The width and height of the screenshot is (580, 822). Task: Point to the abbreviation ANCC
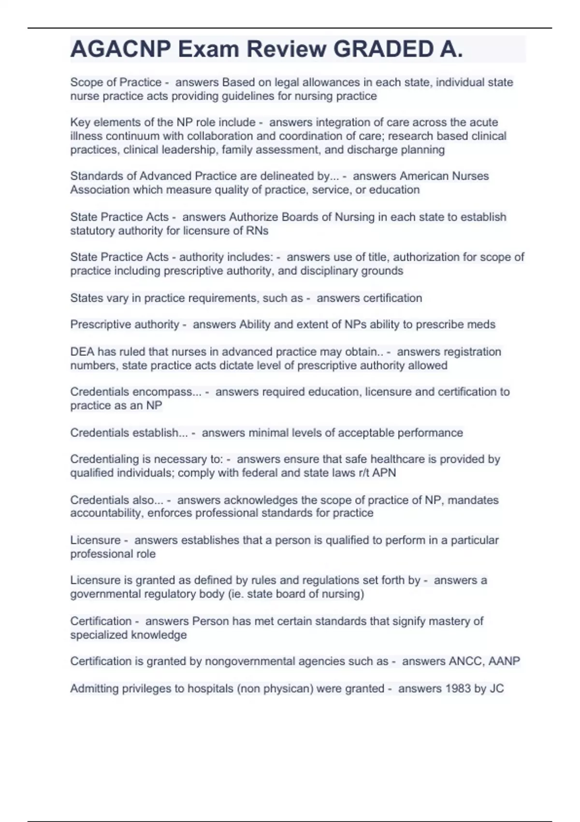click(465, 661)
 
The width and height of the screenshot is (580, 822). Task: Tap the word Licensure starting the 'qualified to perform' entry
click(95, 540)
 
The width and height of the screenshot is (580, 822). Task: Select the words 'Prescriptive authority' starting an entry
click(125, 324)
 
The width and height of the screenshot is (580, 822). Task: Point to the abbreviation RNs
click(257, 231)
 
